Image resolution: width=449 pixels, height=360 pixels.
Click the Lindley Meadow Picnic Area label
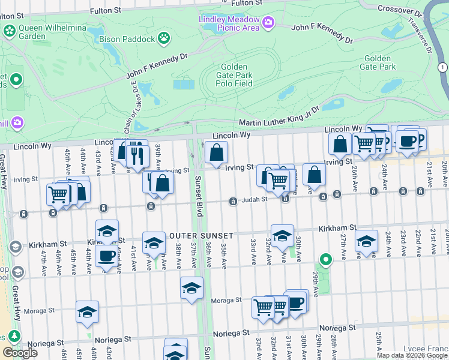pyautogui.click(x=229, y=23)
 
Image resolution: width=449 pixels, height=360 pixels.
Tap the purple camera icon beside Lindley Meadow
pyautogui.click(x=267, y=23)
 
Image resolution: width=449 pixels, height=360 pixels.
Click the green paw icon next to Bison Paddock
pyautogui.click(x=164, y=38)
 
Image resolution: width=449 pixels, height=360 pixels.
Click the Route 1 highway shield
pyautogui.click(x=442, y=67)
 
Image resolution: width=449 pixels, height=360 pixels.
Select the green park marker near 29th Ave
pyautogui.click(x=326, y=260)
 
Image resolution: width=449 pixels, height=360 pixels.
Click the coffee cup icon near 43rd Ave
pyautogui.click(x=107, y=256)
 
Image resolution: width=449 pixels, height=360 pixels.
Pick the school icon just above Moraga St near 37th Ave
pyautogui.click(x=191, y=289)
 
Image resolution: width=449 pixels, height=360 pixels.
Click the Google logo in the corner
pyautogui.click(x=20, y=353)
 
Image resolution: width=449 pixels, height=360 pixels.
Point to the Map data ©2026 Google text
pyautogui.click(x=412, y=355)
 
